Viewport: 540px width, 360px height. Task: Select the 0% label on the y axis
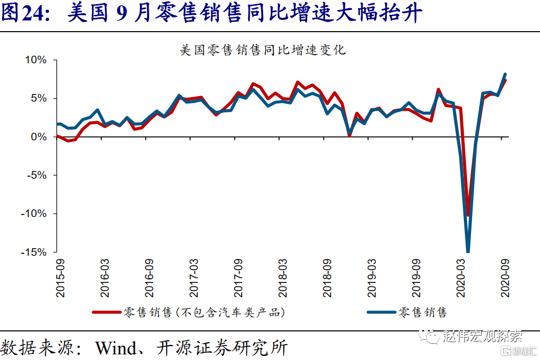(x=38, y=137)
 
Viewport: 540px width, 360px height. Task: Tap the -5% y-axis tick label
(x=36, y=175)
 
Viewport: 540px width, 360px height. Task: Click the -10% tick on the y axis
(x=34, y=213)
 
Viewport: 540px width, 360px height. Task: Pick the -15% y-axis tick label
(x=34, y=252)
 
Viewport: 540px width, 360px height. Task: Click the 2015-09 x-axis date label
(x=61, y=277)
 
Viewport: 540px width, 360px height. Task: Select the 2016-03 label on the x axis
(x=105, y=277)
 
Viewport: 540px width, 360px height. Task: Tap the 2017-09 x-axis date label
(x=239, y=277)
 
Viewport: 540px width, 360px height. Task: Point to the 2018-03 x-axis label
(x=283, y=277)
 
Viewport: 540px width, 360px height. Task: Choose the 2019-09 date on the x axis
(x=416, y=277)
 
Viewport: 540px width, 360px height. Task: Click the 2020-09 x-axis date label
(x=505, y=277)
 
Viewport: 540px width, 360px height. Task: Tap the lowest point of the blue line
(x=468, y=251)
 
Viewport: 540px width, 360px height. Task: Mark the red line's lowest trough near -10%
(x=468, y=215)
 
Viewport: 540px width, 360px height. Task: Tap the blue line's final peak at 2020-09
(x=505, y=74)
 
